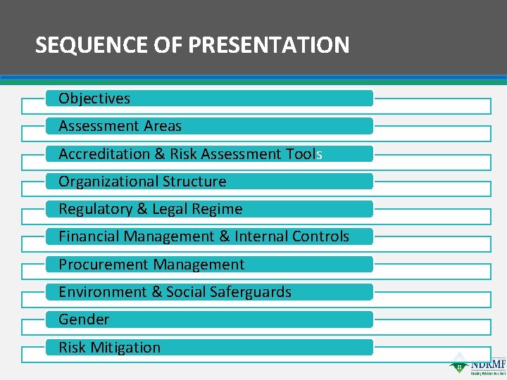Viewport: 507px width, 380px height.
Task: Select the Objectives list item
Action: pyautogui.click(x=94, y=99)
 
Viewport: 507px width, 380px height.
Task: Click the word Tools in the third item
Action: pyautogui.click(x=303, y=154)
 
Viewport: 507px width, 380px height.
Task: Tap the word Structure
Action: pyautogui.click(x=194, y=182)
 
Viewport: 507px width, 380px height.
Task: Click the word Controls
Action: pyautogui.click(x=321, y=236)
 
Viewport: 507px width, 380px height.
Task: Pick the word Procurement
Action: pyautogui.click(x=104, y=265)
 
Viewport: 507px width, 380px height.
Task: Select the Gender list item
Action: pyautogui.click(x=84, y=319)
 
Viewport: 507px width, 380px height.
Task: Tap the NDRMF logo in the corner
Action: pyautogui.click(x=479, y=364)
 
